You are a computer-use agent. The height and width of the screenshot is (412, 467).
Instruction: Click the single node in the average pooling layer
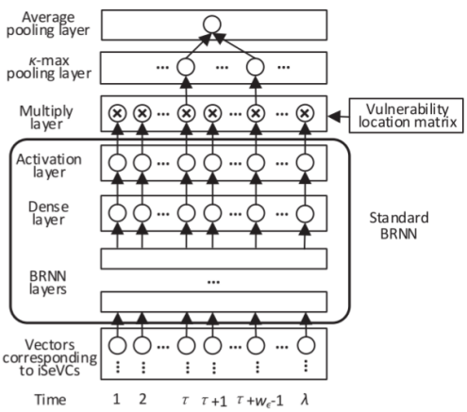(x=212, y=25)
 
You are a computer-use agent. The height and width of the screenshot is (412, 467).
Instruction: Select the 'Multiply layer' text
(x=43, y=115)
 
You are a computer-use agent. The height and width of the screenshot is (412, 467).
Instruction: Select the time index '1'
(x=118, y=400)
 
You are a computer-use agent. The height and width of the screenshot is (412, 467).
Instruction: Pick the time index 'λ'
(x=305, y=400)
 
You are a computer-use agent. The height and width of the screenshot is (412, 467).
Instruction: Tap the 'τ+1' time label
(x=217, y=400)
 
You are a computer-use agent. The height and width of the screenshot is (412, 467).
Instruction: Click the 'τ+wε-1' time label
(x=259, y=400)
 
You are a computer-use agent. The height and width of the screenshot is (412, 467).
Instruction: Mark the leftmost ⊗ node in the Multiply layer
(x=117, y=113)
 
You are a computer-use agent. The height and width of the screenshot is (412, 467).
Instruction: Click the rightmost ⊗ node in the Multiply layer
(x=304, y=113)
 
